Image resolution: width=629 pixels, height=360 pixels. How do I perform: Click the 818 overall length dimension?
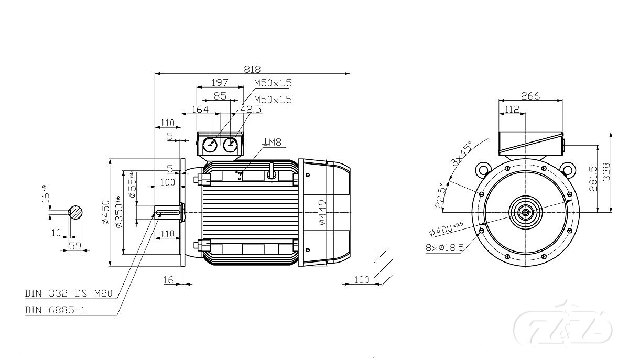(252, 69)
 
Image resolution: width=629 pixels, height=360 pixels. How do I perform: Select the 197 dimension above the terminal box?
(220, 83)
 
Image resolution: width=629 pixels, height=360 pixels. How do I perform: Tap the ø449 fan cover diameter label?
(322, 212)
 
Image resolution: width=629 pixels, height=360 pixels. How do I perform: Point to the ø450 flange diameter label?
(105, 212)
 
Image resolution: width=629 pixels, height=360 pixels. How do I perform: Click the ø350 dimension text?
(119, 212)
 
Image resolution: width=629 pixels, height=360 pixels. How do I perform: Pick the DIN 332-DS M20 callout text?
(69, 294)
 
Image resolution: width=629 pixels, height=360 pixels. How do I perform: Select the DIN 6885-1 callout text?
(55, 310)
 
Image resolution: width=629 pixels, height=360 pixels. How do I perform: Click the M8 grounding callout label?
(272, 142)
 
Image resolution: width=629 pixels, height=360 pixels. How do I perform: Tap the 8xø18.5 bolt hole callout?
(445, 248)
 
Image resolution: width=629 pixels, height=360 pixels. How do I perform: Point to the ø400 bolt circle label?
(446, 228)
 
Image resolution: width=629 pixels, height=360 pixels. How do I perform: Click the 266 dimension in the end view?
(530, 96)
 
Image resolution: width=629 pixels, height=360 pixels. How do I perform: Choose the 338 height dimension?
(606, 172)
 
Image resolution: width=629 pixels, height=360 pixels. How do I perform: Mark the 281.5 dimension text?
(592, 179)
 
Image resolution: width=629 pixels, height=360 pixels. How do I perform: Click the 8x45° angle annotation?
(461, 154)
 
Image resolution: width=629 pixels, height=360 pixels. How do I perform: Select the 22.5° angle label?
(440, 195)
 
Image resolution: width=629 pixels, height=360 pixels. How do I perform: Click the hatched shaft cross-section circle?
(76, 212)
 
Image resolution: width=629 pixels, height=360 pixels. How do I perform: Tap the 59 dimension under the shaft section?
(74, 246)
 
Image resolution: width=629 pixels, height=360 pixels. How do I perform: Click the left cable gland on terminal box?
(210, 146)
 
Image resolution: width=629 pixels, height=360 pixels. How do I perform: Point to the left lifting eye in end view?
(483, 170)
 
